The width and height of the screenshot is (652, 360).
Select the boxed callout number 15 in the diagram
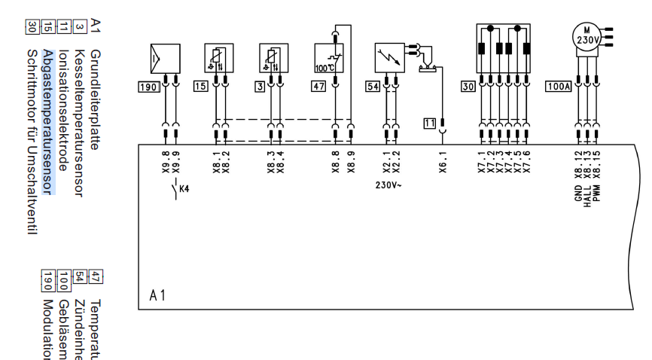pyautogui.click(x=200, y=87)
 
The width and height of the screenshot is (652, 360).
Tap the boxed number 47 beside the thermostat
pyautogui.click(x=260, y=87)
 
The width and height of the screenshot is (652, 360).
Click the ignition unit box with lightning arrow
pyautogui.click(x=390, y=56)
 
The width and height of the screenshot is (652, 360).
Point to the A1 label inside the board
pyautogui.click(x=157, y=295)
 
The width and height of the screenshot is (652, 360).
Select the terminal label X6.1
pyautogui.click(x=443, y=164)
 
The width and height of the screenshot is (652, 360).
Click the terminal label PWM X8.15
pyautogui.click(x=596, y=182)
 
